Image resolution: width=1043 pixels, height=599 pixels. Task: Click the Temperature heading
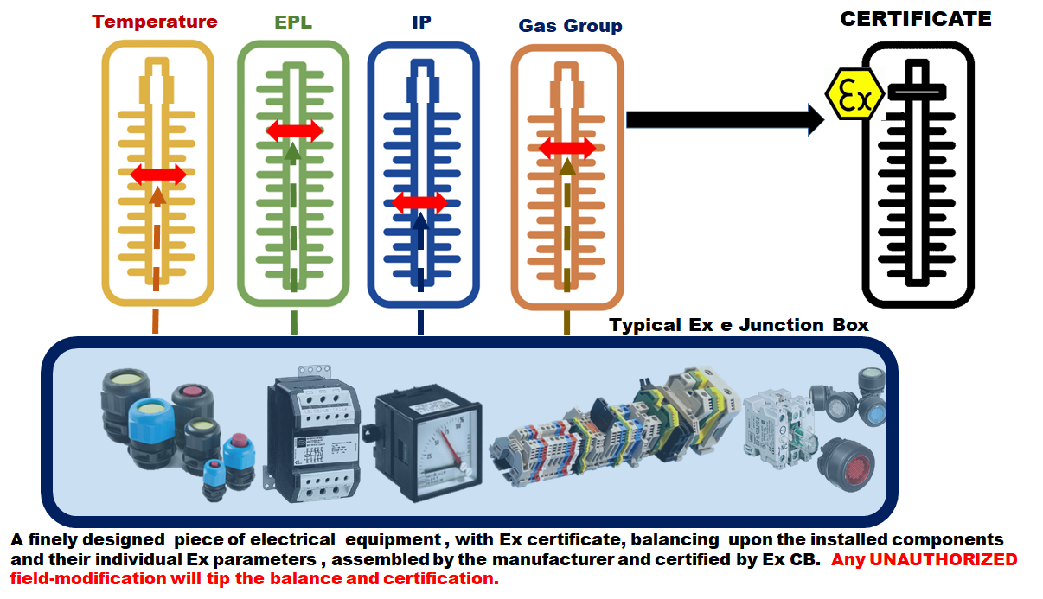[155, 22]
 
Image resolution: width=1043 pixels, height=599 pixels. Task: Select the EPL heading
[293, 22]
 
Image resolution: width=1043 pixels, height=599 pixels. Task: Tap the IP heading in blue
[421, 22]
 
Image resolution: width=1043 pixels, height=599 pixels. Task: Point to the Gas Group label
[570, 26]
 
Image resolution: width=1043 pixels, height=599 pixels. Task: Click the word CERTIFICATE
[916, 19]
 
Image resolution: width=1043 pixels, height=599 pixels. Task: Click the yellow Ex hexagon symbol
[854, 94]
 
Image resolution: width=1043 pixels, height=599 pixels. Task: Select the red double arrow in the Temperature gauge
[157, 175]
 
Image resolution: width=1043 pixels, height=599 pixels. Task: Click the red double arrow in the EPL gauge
[293, 131]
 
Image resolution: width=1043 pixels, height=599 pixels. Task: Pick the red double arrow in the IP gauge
[420, 203]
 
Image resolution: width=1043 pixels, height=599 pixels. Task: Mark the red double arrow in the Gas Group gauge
[567, 149]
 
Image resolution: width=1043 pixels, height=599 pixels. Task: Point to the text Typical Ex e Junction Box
[739, 325]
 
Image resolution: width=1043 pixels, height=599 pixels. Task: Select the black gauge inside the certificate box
[917, 173]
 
